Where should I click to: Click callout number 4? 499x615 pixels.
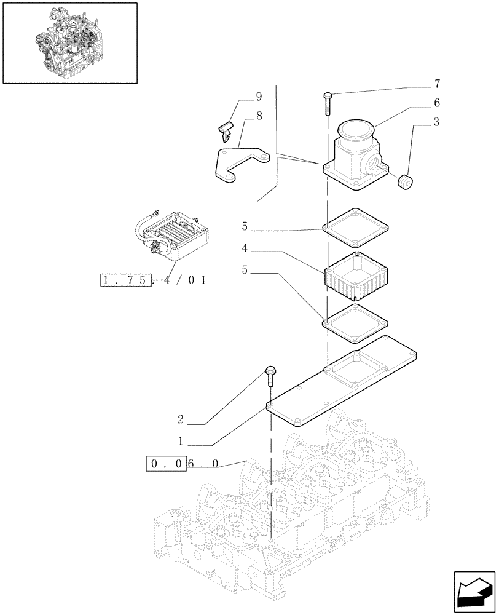coord(245,250)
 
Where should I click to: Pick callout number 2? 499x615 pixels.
coord(181,420)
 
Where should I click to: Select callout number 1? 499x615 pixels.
coord(181,441)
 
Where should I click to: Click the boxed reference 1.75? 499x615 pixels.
coord(125,280)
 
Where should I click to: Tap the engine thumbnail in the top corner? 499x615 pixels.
coord(69,42)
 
